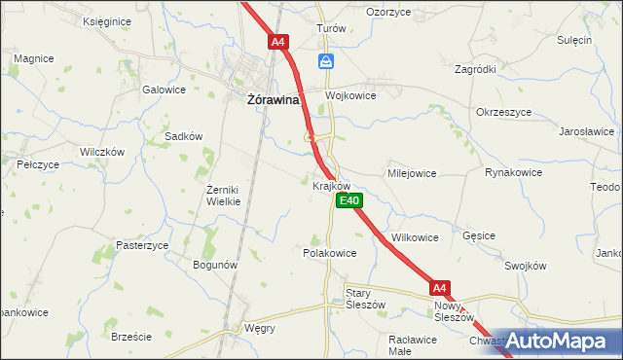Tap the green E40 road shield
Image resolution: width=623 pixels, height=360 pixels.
click(x=349, y=200)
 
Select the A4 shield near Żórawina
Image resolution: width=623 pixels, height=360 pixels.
click(x=278, y=42)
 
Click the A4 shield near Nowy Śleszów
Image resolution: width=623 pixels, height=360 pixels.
click(x=440, y=288)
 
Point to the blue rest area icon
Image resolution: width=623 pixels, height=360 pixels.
click(x=326, y=61)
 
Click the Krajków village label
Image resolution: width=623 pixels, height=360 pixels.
click(x=331, y=185)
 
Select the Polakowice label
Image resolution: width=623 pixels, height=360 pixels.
click(x=330, y=252)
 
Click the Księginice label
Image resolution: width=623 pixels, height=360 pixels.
click(x=108, y=20)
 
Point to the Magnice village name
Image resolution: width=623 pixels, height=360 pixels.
click(x=34, y=58)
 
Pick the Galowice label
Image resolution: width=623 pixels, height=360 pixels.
click(x=164, y=90)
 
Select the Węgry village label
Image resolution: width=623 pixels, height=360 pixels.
click(x=260, y=328)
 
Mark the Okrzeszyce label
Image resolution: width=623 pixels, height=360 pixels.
click(x=504, y=112)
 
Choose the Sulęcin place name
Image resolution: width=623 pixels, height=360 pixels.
click(x=574, y=40)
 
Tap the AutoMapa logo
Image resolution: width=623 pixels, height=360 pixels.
click(x=558, y=341)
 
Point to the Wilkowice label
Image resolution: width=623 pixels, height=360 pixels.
click(x=415, y=237)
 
